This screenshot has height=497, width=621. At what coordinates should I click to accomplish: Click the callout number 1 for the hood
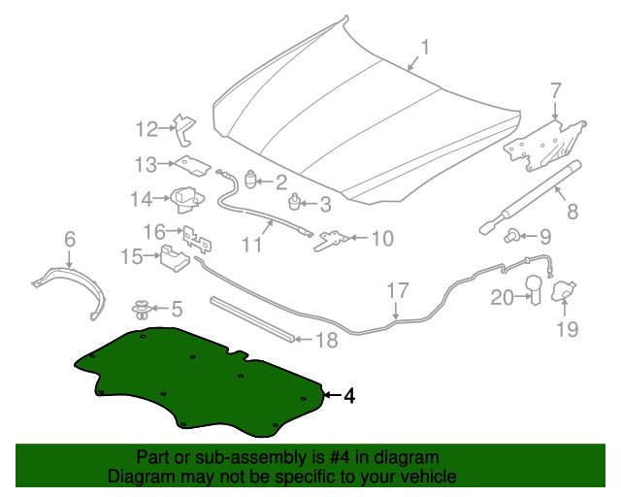(x=425, y=48)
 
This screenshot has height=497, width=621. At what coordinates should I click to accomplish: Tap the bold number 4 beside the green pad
(x=349, y=395)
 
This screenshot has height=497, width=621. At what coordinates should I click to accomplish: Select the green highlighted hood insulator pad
(x=198, y=382)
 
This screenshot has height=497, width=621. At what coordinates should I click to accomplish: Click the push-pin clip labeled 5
(x=142, y=310)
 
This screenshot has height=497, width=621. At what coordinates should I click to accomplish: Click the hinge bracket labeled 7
(x=544, y=146)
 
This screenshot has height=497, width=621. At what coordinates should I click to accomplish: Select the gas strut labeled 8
(x=531, y=197)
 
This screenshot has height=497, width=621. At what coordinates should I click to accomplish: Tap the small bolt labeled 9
(x=511, y=236)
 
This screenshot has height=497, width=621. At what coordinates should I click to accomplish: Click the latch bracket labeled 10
(x=332, y=241)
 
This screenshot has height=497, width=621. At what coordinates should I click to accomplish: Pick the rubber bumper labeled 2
(x=251, y=180)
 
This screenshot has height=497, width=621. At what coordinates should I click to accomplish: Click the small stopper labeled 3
(x=295, y=202)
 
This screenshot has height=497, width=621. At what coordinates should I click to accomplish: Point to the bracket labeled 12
(x=185, y=129)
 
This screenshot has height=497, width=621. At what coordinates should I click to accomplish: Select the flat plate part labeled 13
(x=193, y=165)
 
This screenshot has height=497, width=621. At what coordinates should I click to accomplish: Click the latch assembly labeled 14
(x=187, y=199)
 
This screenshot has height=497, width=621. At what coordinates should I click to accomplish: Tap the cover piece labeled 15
(x=175, y=258)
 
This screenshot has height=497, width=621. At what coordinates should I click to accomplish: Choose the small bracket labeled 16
(x=197, y=239)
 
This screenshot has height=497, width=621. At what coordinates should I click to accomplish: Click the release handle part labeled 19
(x=564, y=291)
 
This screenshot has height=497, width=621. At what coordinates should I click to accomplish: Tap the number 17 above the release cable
(x=397, y=290)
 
